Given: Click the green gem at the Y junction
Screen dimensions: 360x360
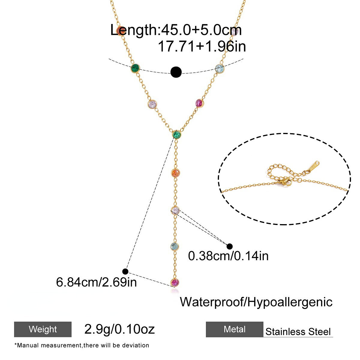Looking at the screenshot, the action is pyautogui.click(x=176, y=134).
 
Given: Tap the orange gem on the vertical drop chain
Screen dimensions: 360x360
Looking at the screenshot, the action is pyautogui.click(x=175, y=173).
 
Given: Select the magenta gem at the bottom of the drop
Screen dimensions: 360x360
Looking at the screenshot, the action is pyautogui.click(x=175, y=282).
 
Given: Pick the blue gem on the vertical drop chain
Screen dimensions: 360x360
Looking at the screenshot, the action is pyautogui.click(x=175, y=247).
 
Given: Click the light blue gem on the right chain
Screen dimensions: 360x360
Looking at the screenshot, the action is pyautogui.click(x=219, y=69).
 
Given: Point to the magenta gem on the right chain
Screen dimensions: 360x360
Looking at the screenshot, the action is pyautogui.click(x=199, y=103).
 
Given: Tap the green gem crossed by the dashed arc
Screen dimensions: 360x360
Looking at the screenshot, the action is pyautogui.click(x=135, y=68).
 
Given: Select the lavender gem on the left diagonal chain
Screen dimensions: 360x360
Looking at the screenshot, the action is pyautogui.click(x=152, y=104).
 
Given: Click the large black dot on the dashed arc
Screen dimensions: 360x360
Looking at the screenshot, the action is pyautogui.click(x=176, y=72).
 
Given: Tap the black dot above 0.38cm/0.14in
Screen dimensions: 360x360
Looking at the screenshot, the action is pyautogui.click(x=229, y=246).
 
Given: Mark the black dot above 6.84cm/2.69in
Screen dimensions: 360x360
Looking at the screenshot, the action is pyautogui.click(x=125, y=271).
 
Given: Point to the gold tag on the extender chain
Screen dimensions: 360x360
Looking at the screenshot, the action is pyautogui.click(x=312, y=166).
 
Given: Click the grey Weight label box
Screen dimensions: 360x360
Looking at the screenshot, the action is pyautogui.click(x=43, y=329).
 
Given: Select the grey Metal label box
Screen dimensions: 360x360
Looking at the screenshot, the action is pyautogui.click(x=235, y=329).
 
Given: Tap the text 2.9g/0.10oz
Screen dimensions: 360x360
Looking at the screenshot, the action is pyautogui.click(x=120, y=329).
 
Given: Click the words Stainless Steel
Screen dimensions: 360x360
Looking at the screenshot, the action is pyautogui.click(x=298, y=331).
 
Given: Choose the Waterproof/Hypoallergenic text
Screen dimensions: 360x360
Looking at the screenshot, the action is pyautogui.click(x=256, y=302).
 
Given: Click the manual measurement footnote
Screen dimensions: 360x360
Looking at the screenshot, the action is pyautogui.click(x=82, y=345).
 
